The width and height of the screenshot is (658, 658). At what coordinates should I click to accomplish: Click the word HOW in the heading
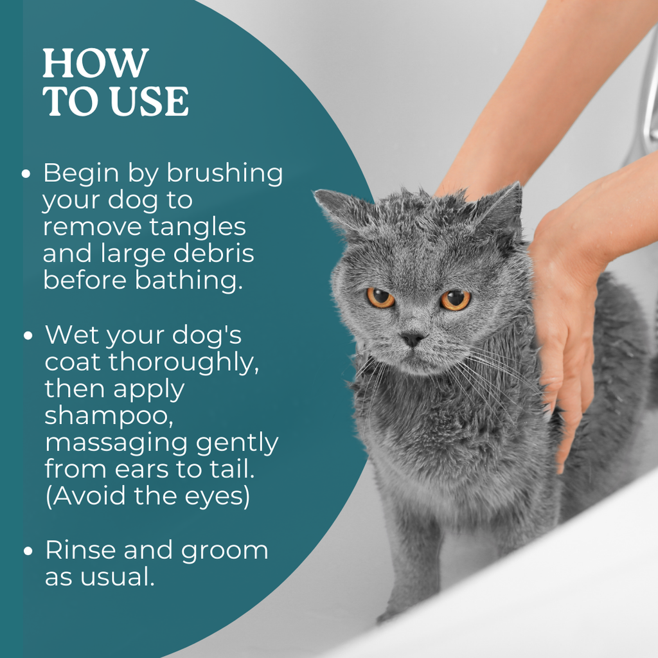point(96,63)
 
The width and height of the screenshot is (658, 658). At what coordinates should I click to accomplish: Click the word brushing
point(225,173)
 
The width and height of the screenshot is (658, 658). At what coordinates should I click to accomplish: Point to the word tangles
point(198,227)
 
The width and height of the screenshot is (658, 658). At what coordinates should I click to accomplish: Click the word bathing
point(189,280)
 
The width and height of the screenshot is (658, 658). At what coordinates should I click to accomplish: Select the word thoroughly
point(184,362)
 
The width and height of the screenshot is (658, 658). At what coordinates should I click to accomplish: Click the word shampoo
point(109,416)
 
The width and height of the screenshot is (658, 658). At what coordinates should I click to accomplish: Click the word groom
point(224,551)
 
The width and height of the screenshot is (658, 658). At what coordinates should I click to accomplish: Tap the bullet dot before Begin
point(26,174)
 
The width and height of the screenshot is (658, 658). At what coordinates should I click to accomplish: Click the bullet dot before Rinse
point(28,551)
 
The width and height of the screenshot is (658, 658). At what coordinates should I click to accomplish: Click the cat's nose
point(412,338)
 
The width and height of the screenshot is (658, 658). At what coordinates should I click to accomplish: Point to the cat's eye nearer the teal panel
point(380,298)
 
